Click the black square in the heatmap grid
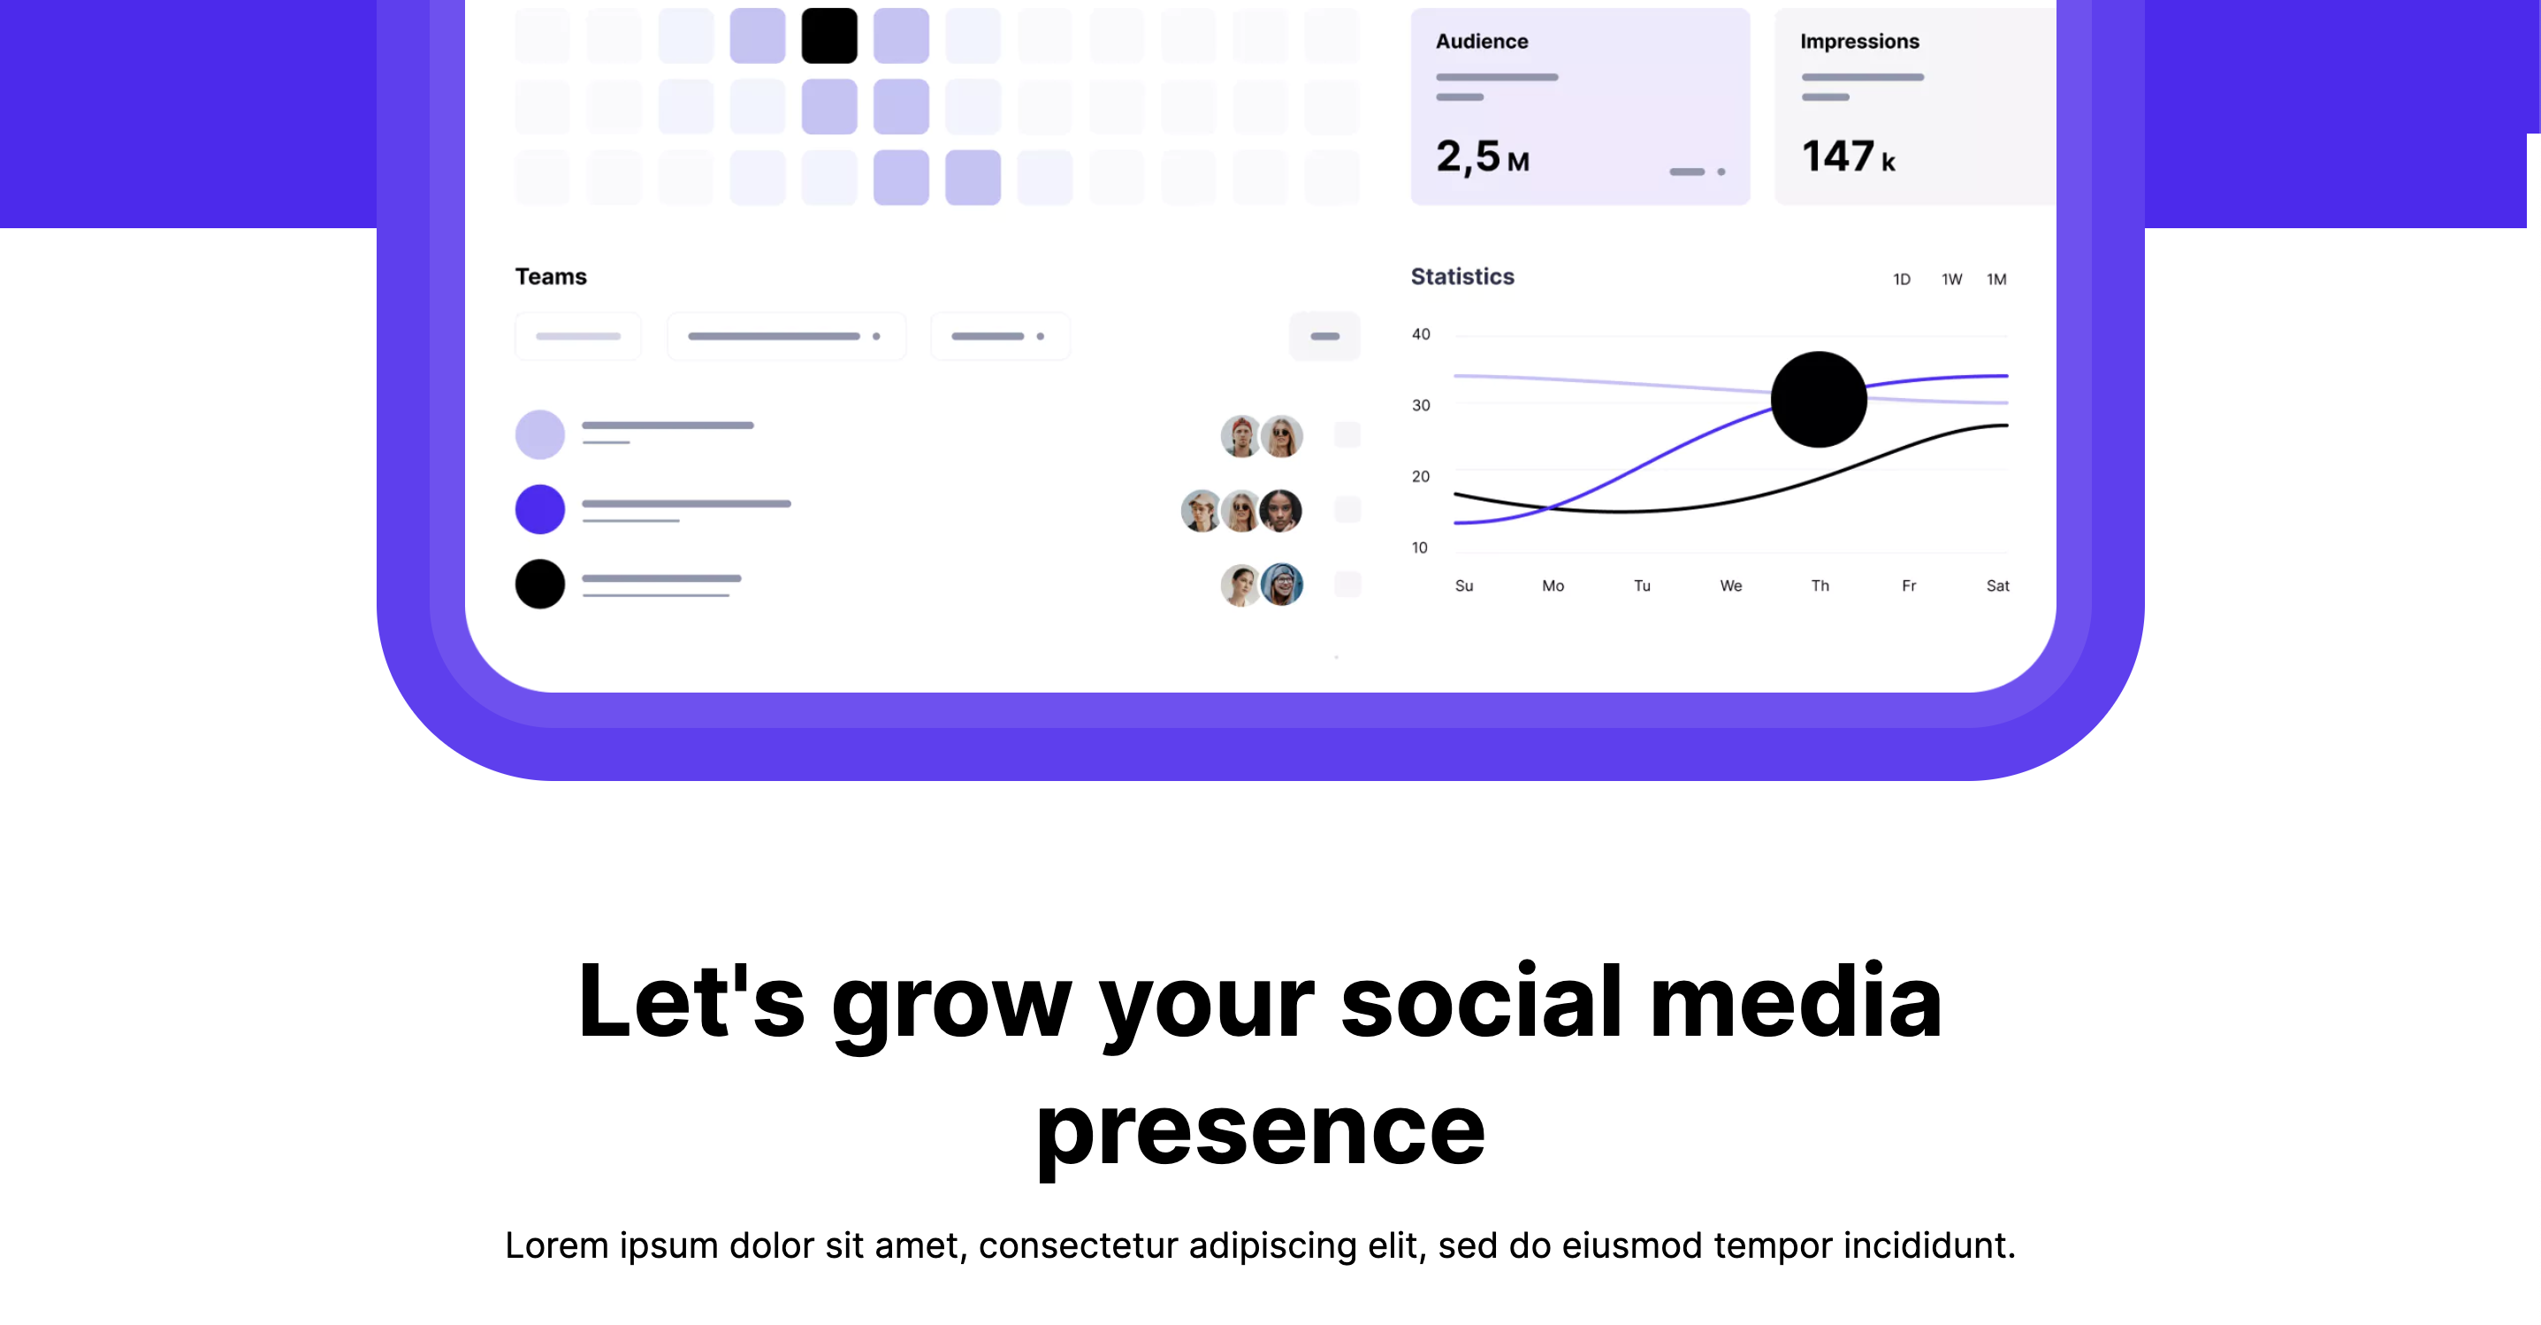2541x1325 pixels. tap(828, 35)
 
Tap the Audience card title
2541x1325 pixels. tap(1482, 42)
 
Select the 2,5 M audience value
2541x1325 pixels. tap(1483, 157)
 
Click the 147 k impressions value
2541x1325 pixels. tap(1848, 157)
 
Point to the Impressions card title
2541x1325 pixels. tap(1859, 42)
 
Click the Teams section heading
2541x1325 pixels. tap(551, 277)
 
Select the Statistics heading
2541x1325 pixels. tap(1461, 277)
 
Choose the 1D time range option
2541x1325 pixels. tap(1901, 280)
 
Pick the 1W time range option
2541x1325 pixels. tap(1951, 280)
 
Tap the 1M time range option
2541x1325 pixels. tap(1996, 280)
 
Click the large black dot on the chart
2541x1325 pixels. tap(1819, 400)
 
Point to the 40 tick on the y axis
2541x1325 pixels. tap(1421, 334)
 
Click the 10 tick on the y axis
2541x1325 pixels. tap(1419, 548)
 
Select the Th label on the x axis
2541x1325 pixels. tap(1820, 586)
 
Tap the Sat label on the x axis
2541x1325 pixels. tap(1997, 586)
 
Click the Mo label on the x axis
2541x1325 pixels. tap(1553, 586)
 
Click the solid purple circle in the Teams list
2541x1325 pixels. tap(539, 509)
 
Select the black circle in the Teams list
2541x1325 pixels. tap(539, 584)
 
